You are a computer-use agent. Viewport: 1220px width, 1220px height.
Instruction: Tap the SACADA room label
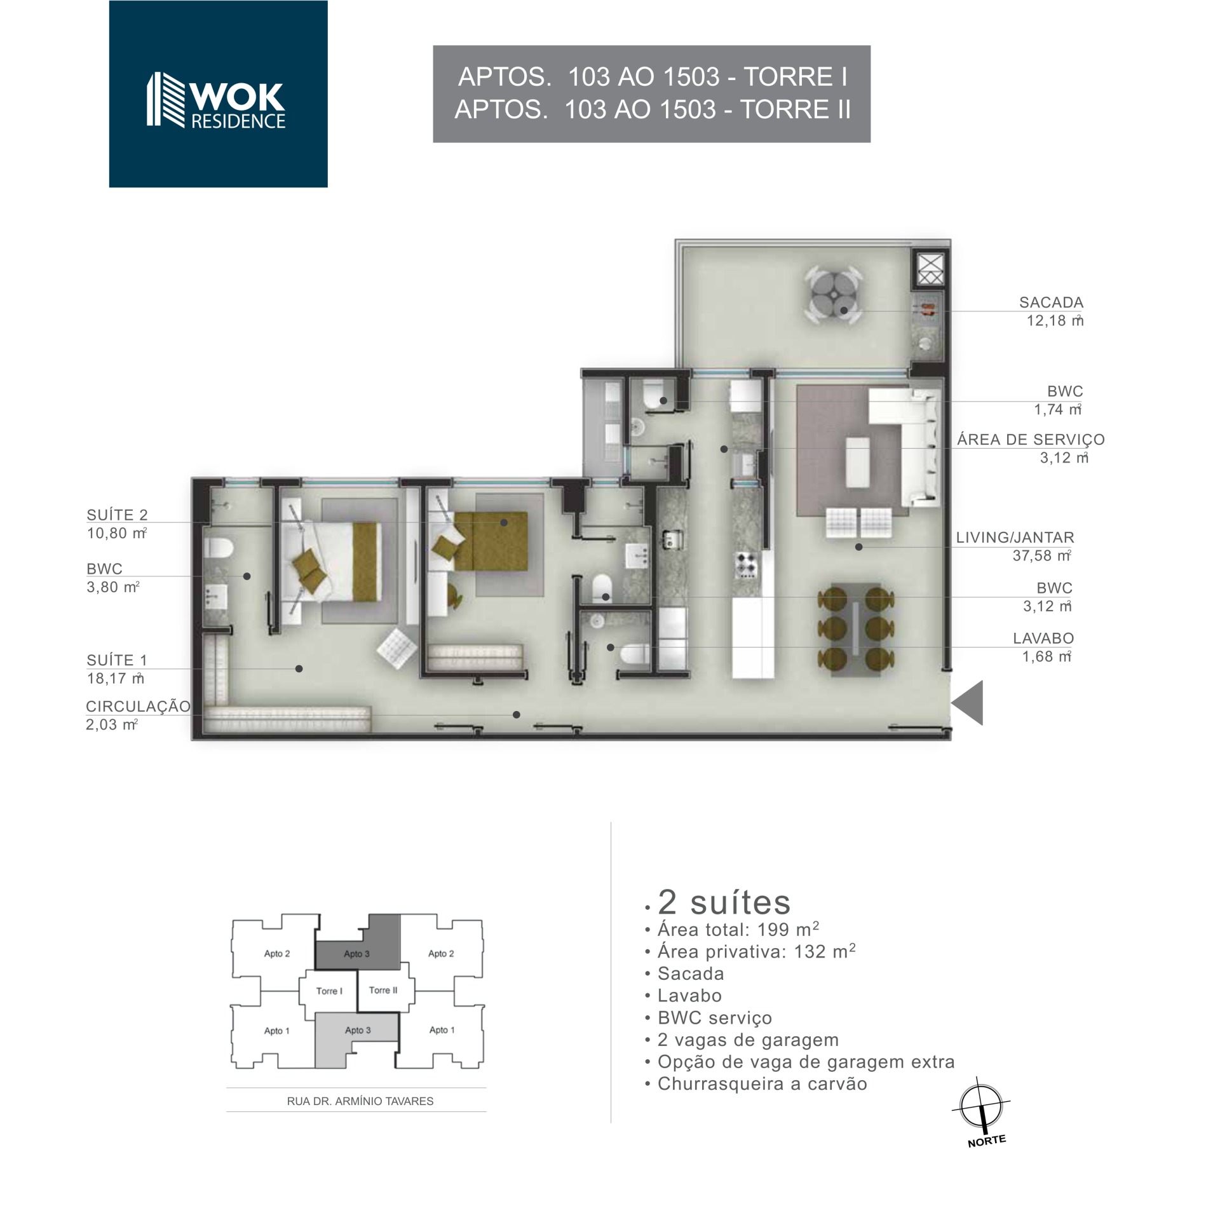1051,302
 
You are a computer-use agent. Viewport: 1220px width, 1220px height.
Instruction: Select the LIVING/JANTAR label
1015,538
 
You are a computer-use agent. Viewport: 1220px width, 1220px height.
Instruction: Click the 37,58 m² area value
1042,555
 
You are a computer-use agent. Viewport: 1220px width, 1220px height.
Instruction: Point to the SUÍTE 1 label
116,660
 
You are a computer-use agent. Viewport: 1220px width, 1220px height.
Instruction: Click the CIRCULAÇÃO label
138,707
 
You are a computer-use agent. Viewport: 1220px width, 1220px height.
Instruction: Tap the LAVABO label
1043,638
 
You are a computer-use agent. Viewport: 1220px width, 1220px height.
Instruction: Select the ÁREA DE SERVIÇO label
1031,440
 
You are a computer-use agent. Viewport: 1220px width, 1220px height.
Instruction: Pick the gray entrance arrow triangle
967,702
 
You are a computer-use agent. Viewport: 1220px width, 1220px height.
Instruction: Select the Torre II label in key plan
383,990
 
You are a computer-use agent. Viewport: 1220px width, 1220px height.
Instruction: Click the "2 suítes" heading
724,902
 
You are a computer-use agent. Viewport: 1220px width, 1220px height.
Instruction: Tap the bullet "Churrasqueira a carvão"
756,1083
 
